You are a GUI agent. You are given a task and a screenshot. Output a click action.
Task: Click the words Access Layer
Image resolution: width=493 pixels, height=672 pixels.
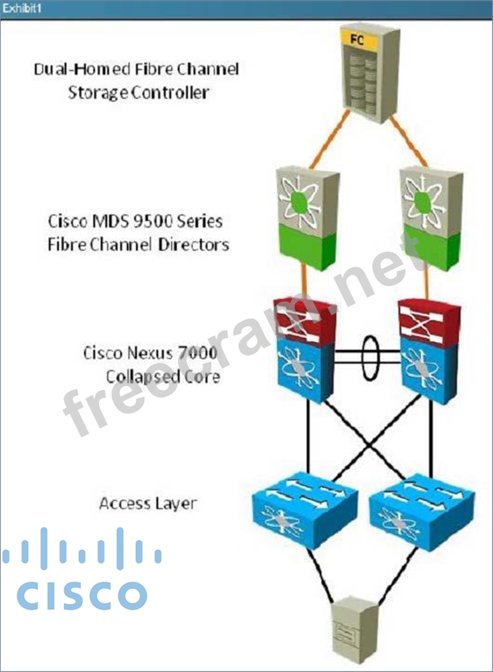click(148, 503)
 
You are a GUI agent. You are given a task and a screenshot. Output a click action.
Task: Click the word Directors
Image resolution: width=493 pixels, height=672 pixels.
click(194, 244)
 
